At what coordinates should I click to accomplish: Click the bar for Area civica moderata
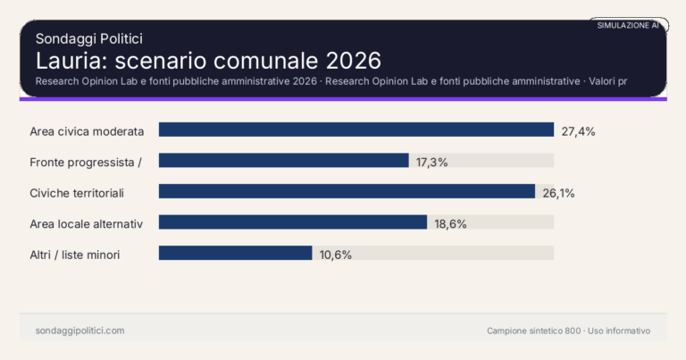(x=356, y=130)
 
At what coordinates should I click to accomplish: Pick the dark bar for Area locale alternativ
(x=292, y=222)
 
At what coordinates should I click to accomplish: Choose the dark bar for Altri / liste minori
(x=235, y=254)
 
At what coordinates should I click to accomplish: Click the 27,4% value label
(x=578, y=131)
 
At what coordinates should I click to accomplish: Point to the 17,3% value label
(x=431, y=162)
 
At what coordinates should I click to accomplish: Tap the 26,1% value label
(x=558, y=193)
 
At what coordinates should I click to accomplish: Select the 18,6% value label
(x=450, y=223)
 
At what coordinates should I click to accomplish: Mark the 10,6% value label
(x=335, y=255)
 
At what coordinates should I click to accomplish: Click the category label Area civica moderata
(x=87, y=131)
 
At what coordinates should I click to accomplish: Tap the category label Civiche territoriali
(x=76, y=193)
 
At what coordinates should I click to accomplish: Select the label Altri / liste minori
(x=75, y=255)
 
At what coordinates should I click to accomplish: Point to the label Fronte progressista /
(x=86, y=162)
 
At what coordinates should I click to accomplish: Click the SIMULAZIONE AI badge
(x=628, y=25)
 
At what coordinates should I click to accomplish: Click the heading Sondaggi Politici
(x=89, y=38)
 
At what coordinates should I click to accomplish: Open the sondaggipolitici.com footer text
(x=79, y=331)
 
